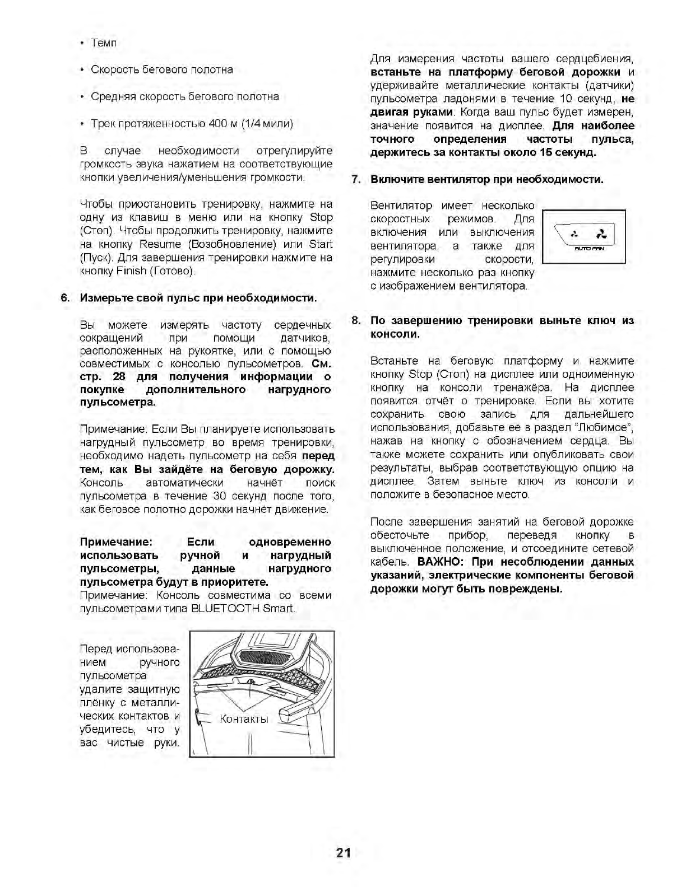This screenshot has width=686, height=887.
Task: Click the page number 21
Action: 343,853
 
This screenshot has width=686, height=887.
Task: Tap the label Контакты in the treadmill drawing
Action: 244,719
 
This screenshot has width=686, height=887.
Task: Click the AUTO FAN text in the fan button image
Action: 588,249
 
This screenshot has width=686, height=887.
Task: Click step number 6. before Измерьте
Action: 66,298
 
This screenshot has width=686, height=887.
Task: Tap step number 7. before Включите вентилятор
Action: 355,180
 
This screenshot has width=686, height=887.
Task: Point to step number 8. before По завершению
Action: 355,321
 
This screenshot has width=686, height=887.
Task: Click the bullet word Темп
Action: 104,43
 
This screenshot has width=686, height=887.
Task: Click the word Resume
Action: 160,244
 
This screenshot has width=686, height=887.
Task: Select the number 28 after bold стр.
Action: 119,376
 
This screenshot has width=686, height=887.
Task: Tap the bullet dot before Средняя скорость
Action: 82,97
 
